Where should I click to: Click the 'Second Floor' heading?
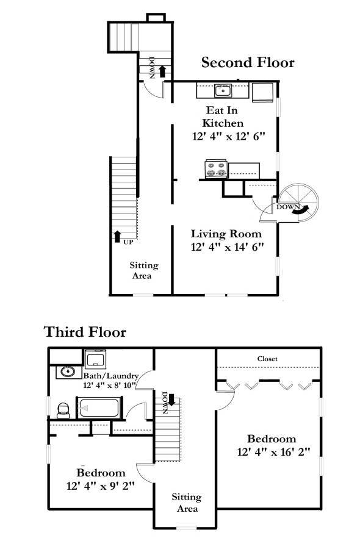[248, 63]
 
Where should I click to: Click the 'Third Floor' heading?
[85, 332]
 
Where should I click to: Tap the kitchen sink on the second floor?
[223, 91]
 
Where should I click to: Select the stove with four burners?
[216, 169]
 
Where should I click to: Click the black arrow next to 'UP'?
[117, 236]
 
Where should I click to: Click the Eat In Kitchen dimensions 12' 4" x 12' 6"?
[228, 136]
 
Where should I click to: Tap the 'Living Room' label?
[226, 234]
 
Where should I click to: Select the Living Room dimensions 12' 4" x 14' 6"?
[227, 247]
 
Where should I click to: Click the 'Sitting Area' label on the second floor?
[143, 270]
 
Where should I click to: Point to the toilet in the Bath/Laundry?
[63, 411]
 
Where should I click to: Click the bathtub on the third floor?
[99, 407]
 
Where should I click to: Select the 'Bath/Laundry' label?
[111, 376]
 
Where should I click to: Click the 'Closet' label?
[267, 359]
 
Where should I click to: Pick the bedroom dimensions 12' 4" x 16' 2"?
[273, 452]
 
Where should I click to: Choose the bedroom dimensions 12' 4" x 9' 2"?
[101, 486]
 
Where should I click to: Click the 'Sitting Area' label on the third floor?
[187, 503]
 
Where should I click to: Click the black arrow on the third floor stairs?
[171, 400]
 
